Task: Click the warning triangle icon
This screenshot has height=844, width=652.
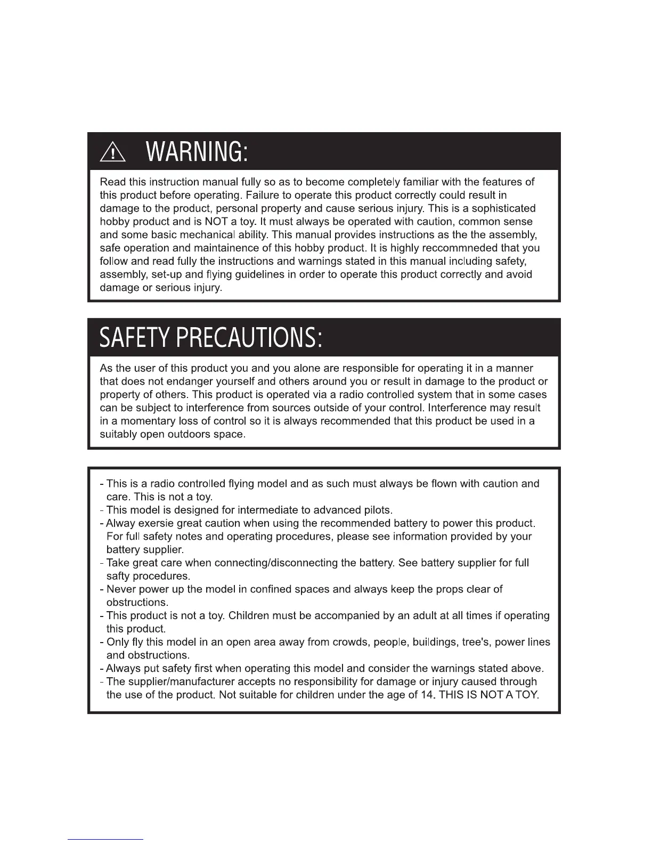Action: [112, 153]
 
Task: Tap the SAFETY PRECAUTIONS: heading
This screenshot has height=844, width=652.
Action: [211, 337]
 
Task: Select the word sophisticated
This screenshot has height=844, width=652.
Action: [503, 208]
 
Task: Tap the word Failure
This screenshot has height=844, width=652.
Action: [264, 195]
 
